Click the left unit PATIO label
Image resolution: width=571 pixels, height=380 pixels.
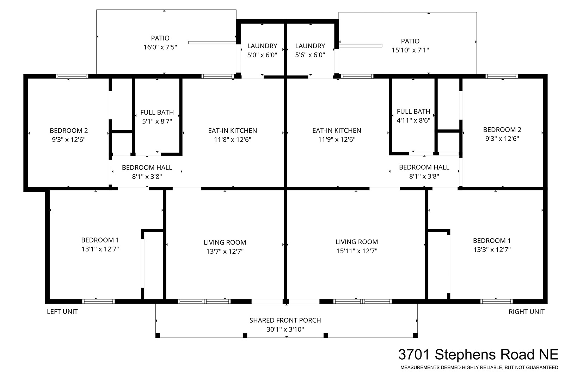[x=160, y=38]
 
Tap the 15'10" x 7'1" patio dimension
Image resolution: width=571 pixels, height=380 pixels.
[x=410, y=50]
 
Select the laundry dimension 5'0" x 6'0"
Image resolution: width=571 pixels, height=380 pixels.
[x=262, y=55]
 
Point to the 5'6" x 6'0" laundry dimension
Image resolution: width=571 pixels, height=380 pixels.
[x=310, y=55]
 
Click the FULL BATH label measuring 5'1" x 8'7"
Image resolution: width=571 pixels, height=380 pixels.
[x=157, y=112]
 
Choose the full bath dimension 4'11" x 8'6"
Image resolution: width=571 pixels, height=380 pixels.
[x=413, y=120]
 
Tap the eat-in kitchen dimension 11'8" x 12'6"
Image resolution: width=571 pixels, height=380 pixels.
[x=233, y=139]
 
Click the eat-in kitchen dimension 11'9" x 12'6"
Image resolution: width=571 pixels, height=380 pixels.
[x=337, y=139]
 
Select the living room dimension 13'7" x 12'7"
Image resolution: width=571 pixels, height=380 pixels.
[x=225, y=251]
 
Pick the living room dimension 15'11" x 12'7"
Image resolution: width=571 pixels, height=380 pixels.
[x=357, y=251]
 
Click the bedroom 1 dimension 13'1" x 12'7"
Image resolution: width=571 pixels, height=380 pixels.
[x=100, y=249]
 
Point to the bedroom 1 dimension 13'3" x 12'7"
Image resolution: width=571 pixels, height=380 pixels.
[x=492, y=249]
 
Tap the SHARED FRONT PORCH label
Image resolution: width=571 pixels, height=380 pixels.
[x=285, y=320]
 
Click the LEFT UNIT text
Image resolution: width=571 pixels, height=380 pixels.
[x=62, y=311]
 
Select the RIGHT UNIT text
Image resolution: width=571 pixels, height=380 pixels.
[x=527, y=311]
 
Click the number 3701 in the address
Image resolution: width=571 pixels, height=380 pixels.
[x=414, y=354]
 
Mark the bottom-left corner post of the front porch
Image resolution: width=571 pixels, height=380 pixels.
[x=158, y=335]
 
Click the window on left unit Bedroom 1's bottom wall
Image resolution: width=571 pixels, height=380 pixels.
[x=98, y=301]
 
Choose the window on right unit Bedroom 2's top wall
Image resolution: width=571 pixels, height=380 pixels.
[x=502, y=76]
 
